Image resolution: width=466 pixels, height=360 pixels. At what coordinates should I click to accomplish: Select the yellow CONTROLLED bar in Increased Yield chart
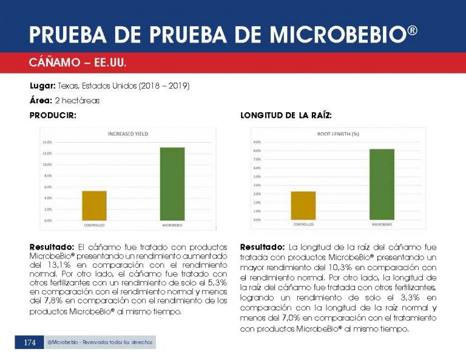[x=94, y=206]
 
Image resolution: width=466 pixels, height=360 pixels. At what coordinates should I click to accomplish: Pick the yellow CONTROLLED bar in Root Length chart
[x=303, y=206]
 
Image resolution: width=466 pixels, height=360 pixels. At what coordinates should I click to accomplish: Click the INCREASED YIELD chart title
[x=128, y=134]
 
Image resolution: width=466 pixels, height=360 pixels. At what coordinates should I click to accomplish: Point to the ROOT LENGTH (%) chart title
[x=339, y=133]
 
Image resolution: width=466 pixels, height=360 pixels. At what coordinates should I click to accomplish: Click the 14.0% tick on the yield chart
[x=47, y=142]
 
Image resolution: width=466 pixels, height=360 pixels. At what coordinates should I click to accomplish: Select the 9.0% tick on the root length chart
[x=257, y=142]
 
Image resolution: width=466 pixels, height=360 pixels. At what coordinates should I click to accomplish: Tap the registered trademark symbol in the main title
[x=413, y=30]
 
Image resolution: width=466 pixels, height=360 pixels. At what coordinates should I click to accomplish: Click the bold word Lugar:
[x=43, y=86]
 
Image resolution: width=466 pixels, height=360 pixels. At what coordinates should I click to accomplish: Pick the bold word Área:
[x=41, y=100]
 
